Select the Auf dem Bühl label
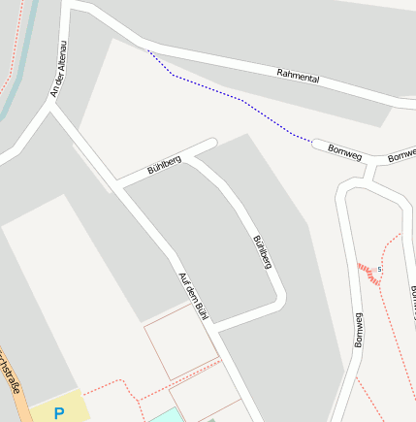tap(195, 296)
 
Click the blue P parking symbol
tap(59, 413)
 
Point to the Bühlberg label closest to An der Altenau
tap(164, 166)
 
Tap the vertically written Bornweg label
tap(358, 330)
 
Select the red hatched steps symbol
tap(369, 273)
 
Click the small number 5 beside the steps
tap(380, 269)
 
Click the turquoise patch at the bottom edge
tap(161, 416)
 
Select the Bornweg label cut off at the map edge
tap(402, 155)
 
